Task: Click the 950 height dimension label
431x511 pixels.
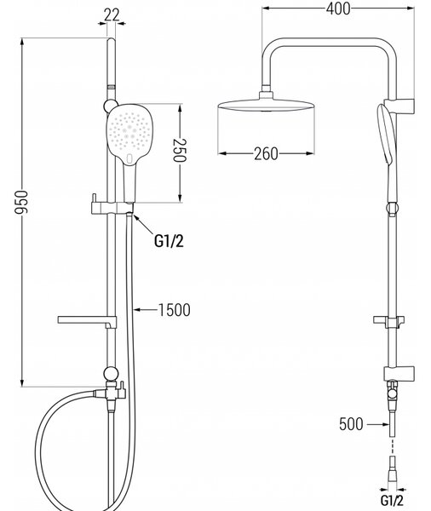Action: pyautogui.click(x=22, y=202)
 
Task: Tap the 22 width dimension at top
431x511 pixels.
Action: pyautogui.click(x=112, y=15)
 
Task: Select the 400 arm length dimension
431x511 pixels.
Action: pyautogui.click(x=338, y=9)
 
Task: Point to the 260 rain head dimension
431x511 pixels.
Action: pyautogui.click(x=266, y=153)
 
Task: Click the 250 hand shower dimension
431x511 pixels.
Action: pyautogui.click(x=179, y=150)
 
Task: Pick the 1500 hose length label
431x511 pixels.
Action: pyautogui.click(x=174, y=310)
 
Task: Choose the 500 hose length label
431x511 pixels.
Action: pyautogui.click(x=351, y=424)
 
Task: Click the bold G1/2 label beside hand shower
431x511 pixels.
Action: pyautogui.click(x=169, y=242)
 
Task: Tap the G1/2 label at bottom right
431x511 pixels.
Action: pyautogui.click(x=392, y=500)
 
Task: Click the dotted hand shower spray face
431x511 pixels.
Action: pyautogui.click(x=129, y=130)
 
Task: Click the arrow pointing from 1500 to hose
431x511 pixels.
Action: pyautogui.click(x=146, y=310)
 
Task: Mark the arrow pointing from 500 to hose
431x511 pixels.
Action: pyautogui.click(x=378, y=424)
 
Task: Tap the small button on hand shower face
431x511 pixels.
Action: pyautogui.click(x=129, y=158)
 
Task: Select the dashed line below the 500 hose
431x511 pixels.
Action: pyautogui.click(x=392, y=446)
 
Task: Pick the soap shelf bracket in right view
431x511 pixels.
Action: pyautogui.click(x=389, y=321)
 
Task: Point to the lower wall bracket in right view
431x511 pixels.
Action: pyautogui.click(x=399, y=374)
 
